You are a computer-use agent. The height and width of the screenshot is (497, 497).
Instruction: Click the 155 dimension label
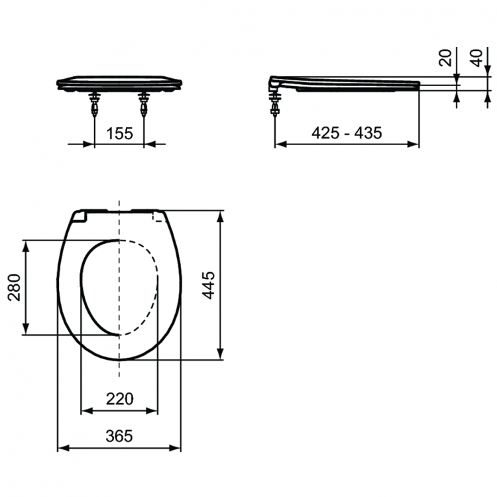click(119, 133)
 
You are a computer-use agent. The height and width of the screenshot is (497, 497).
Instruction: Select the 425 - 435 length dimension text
click(347, 133)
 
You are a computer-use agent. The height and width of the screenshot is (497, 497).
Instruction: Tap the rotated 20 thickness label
click(445, 58)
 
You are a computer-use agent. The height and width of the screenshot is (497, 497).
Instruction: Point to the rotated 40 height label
click(476, 58)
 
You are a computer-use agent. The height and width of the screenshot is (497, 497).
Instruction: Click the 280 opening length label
click(15, 288)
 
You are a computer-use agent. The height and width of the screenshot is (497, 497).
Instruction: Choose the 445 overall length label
click(209, 285)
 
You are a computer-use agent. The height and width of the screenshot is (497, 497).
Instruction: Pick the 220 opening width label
click(119, 399)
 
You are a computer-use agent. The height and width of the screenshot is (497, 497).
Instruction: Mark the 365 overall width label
click(119, 437)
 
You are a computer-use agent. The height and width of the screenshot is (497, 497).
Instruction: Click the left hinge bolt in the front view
click(95, 105)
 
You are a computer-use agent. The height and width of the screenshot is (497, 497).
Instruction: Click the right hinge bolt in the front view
click(144, 105)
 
